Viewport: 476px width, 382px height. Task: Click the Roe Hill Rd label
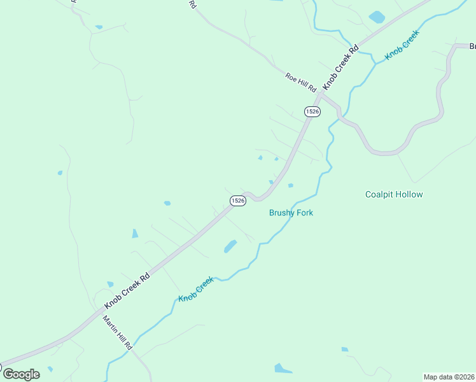coord(301,82)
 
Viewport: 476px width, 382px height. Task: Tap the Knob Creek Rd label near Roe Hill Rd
coord(340,67)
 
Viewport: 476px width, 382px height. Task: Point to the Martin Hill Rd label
coord(118,332)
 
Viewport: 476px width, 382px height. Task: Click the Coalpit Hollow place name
coord(394,194)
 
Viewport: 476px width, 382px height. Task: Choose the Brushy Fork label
coord(291,213)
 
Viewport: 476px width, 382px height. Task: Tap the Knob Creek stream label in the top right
coord(403,45)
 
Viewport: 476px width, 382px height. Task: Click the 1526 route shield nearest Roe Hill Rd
coord(312,111)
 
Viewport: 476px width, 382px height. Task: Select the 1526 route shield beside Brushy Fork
coord(237,200)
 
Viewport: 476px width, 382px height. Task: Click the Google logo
coord(21,374)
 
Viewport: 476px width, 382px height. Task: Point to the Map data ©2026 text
coord(449,376)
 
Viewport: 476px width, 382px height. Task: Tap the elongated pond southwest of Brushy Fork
coord(230,246)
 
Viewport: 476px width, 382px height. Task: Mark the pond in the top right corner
coord(377,17)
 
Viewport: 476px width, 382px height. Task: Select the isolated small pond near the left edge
coord(60,173)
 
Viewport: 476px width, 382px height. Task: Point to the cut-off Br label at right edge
coord(472,46)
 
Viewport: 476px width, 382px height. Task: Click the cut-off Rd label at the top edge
coord(192,4)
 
